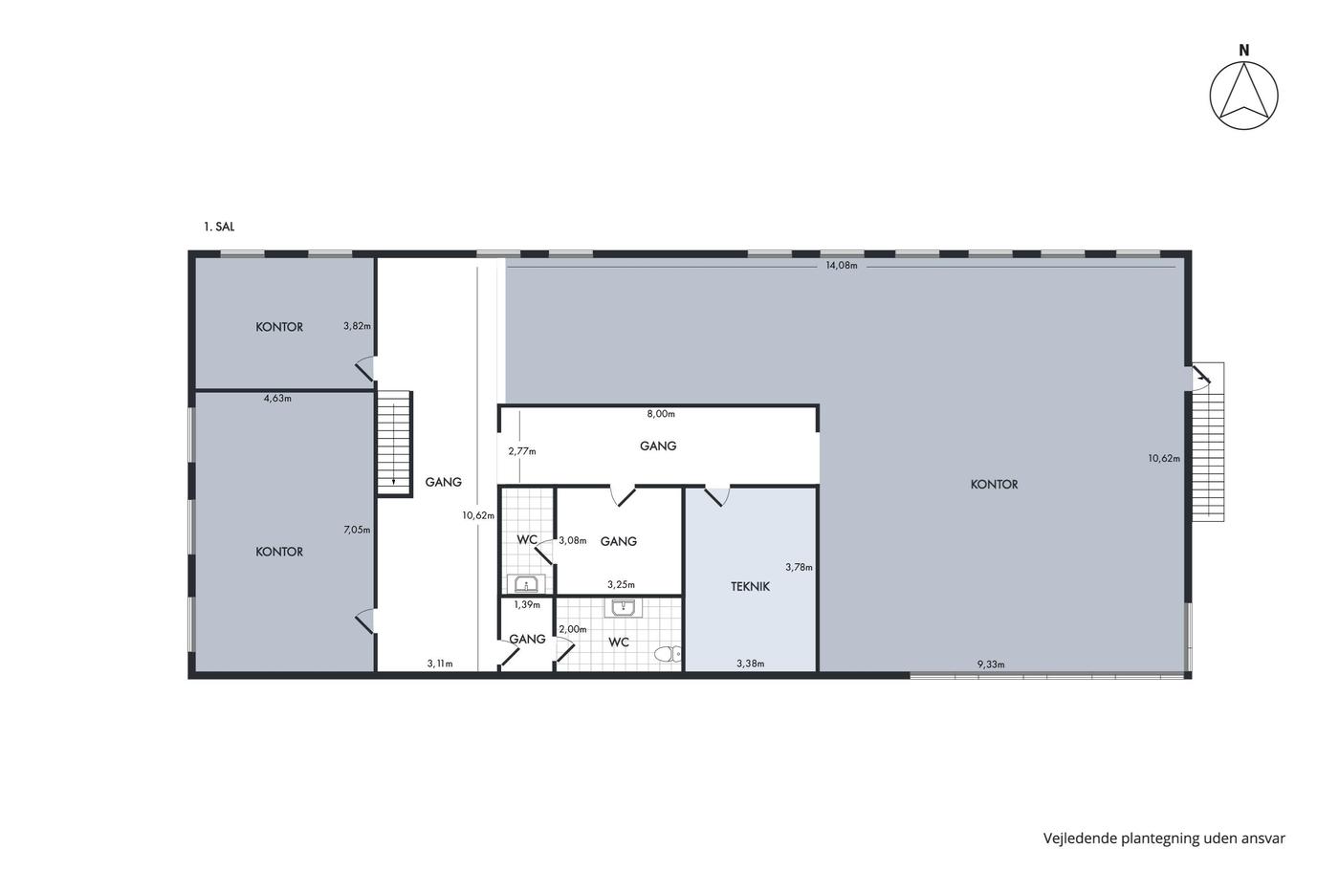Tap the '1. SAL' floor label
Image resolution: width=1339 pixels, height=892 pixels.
point(219,227)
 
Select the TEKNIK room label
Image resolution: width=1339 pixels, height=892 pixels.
point(750,587)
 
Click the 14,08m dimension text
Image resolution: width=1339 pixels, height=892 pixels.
point(842,266)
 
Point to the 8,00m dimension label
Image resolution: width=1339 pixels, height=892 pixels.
point(661,413)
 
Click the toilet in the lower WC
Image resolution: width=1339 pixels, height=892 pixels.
point(668,654)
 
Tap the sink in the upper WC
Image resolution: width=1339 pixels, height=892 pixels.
point(527,584)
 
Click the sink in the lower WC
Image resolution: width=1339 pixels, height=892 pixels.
point(624,608)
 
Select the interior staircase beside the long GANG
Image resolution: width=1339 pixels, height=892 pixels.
point(394,443)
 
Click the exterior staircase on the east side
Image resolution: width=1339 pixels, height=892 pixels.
point(1208,442)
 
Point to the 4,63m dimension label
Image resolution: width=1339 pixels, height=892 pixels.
point(277,399)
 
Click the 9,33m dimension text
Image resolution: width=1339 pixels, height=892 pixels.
point(991,664)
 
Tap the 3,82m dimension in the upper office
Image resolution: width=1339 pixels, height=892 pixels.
point(357,326)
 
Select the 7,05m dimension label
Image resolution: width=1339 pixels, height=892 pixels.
point(357,530)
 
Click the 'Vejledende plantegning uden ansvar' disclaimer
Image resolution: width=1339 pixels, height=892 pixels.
point(1164,838)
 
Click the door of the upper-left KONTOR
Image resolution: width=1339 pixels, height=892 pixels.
point(365,369)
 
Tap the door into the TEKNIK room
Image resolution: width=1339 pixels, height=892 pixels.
point(716,496)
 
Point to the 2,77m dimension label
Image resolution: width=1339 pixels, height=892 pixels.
point(522,451)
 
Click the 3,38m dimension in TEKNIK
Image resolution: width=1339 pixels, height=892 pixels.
point(750,664)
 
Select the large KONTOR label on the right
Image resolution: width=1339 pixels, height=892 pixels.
point(994,485)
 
